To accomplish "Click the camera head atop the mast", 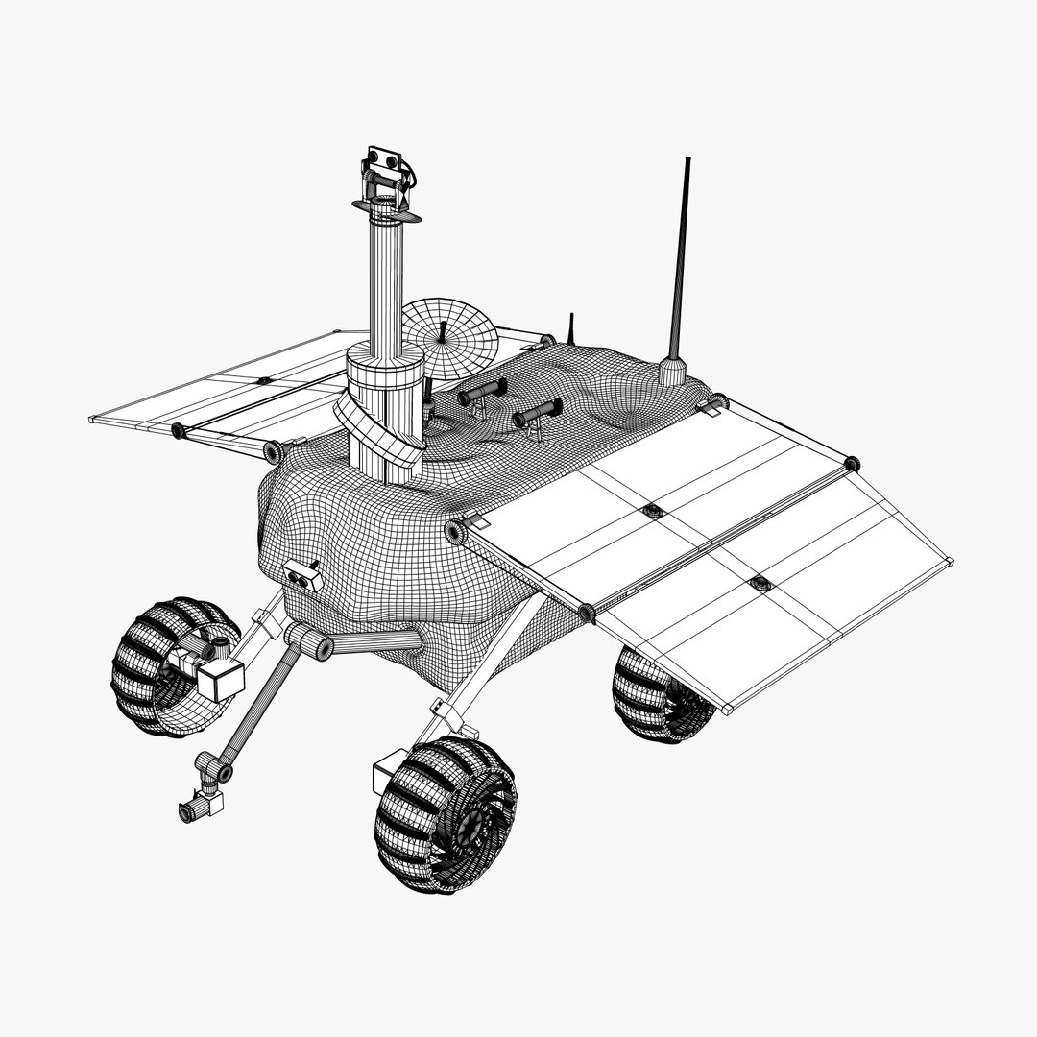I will click(386, 173).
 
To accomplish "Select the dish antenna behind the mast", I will click(448, 338).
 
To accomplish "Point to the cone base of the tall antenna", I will click(674, 370).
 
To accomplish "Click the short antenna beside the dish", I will click(570, 328).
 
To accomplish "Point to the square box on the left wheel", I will click(222, 681).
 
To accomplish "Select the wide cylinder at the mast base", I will click(385, 374).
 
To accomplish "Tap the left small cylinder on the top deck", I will click(483, 391).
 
